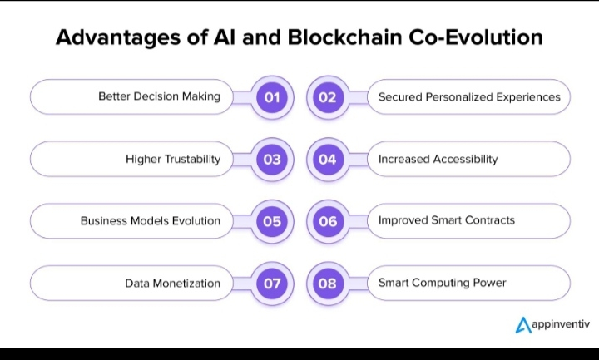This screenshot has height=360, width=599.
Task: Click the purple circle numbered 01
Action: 272,97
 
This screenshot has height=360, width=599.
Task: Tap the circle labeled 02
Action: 328,97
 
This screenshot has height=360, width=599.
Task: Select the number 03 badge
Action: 272,159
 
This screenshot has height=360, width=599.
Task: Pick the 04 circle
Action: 328,159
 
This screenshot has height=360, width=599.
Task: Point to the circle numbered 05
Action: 272,221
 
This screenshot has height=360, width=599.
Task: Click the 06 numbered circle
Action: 328,221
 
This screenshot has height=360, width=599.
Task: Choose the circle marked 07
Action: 272,284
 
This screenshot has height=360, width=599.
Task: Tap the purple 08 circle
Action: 328,284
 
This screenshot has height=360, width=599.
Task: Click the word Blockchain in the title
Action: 344,37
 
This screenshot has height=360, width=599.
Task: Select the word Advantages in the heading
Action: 118,38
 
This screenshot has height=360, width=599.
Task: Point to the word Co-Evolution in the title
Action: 476,37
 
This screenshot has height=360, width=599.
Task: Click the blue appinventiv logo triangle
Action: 523,325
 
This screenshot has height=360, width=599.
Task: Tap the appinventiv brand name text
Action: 561,324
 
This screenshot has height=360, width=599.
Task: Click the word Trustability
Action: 192,159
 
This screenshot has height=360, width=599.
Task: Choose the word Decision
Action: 156,96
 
